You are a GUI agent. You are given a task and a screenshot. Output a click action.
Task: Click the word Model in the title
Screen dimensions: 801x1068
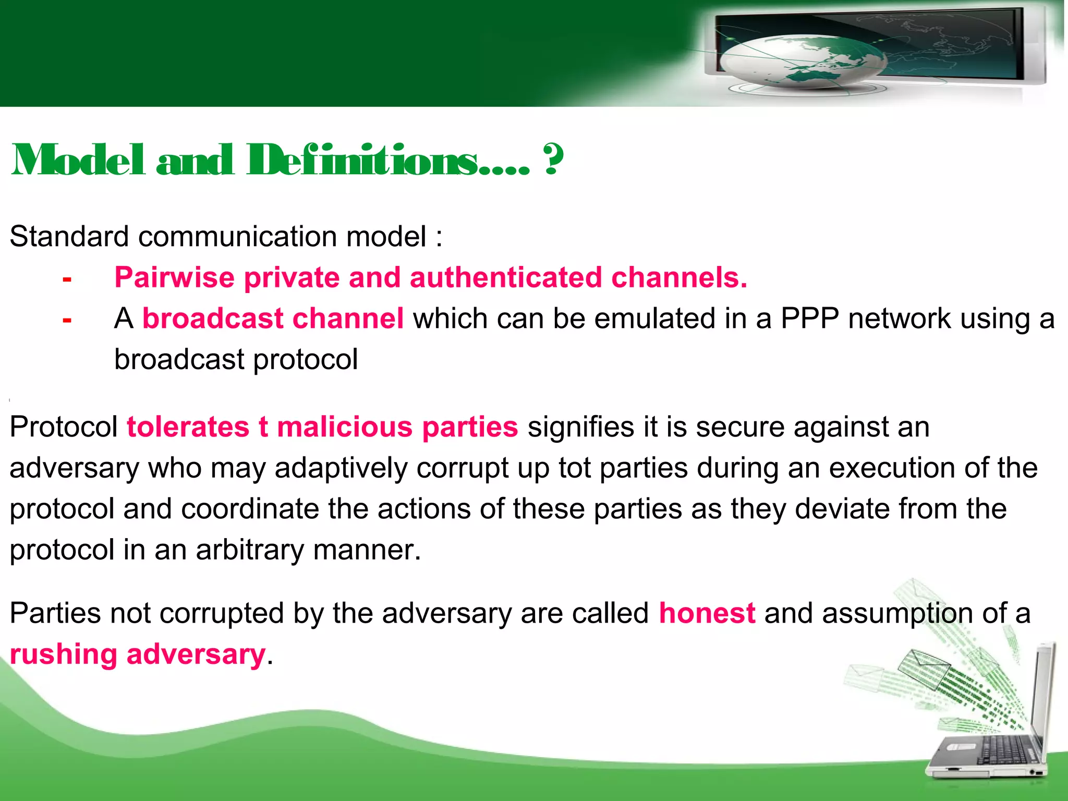click(x=78, y=160)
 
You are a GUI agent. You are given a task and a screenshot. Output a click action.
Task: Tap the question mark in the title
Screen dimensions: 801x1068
click(x=553, y=160)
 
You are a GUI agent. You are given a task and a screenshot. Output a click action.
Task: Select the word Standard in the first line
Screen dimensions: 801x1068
click(x=68, y=236)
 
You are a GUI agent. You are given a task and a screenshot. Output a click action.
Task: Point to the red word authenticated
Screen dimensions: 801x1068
click(x=506, y=277)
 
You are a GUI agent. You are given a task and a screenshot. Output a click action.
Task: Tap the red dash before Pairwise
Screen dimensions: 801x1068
click(x=67, y=280)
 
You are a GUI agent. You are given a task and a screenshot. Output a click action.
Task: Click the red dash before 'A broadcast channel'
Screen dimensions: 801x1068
click(x=67, y=320)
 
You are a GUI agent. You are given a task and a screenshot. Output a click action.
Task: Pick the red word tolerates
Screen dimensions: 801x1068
click(x=188, y=427)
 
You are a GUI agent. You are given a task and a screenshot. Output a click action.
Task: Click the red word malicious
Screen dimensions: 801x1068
click(x=345, y=427)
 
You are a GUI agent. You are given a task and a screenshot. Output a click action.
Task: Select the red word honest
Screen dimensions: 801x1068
click(x=707, y=613)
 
